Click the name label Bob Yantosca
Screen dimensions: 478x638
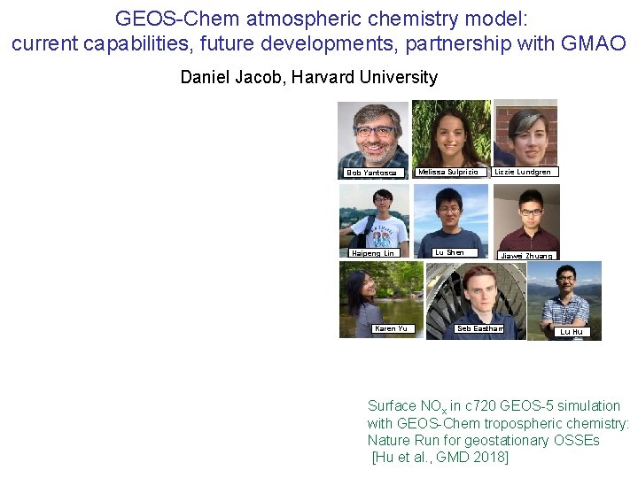[x=372, y=173]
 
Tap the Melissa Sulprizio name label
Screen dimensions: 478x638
[x=447, y=172]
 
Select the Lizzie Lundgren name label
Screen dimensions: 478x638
[x=523, y=172]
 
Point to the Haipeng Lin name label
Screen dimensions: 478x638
[x=372, y=253]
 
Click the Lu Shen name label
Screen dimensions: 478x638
[x=449, y=252]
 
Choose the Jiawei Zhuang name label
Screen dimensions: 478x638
[x=526, y=256]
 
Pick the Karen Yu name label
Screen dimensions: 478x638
[x=391, y=328]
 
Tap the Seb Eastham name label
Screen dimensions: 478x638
[x=479, y=328]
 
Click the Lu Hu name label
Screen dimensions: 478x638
[x=572, y=332]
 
